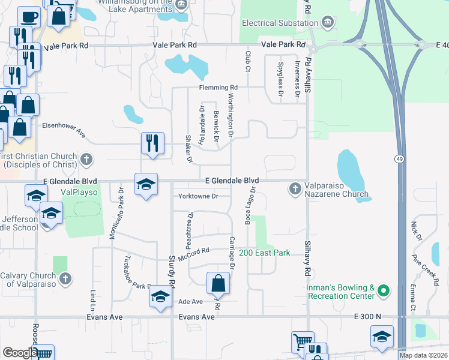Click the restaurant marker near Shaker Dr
(x=152, y=143)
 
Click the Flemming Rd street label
(x=218, y=88)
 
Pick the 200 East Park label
(x=265, y=253)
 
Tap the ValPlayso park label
(x=78, y=193)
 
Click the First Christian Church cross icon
(x=87, y=159)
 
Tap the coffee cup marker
(x=28, y=16)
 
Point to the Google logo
(x=19, y=353)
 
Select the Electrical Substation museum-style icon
(x=328, y=23)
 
